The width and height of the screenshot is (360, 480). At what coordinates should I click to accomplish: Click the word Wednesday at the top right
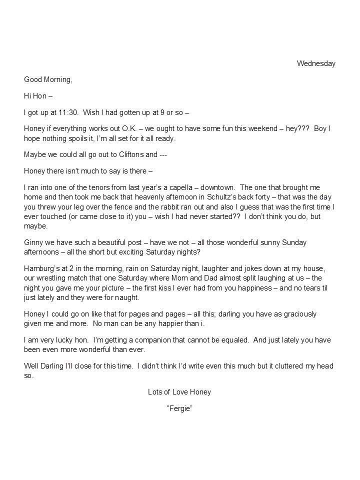coord(316,63)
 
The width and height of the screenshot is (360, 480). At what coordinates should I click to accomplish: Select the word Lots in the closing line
coord(155,392)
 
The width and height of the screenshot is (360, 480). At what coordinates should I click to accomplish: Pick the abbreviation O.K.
coord(128,128)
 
